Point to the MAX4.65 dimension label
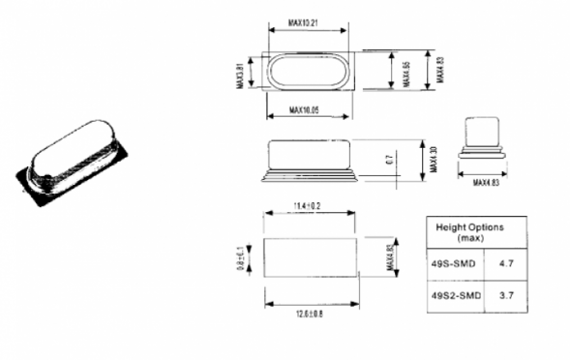(405, 71)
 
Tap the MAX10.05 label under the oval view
(309, 114)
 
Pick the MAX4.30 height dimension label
(435, 161)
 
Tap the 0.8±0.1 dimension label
(252, 256)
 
